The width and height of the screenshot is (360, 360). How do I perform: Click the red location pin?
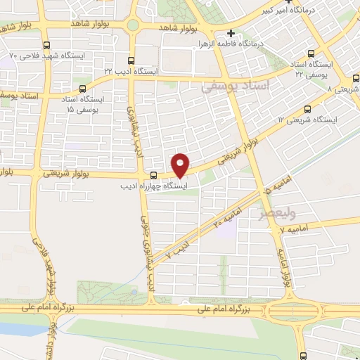(181, 165)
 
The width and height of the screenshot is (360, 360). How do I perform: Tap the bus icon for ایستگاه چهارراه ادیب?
(154, 175)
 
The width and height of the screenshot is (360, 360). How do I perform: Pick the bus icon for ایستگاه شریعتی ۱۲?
(308, 108)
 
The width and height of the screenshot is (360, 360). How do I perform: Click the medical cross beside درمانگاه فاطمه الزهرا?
(231, 33)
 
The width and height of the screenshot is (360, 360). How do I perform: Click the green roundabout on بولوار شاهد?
(131, 25)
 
